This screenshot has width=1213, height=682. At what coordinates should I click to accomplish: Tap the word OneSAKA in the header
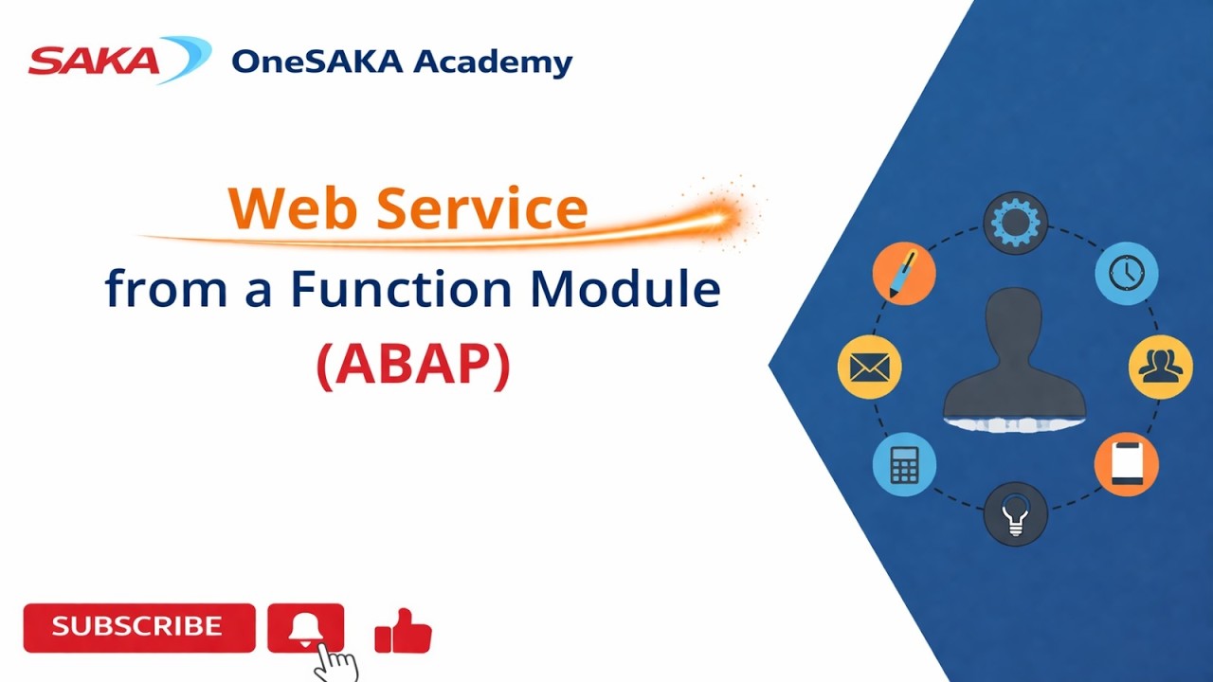click(x=317, y=62)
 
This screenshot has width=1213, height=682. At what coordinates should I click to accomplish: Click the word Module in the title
click(x=625, y=289)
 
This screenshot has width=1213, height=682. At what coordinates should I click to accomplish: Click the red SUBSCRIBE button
click(x=138, y=627)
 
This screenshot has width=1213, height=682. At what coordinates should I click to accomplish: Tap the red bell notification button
click(x=305, y=627)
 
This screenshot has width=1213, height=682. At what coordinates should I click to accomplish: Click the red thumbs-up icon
click(x=404, y=631)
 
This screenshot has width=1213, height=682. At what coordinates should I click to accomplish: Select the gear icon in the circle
click(x=1015, y=223)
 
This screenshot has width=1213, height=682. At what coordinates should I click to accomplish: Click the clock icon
click(x=1127, y=273)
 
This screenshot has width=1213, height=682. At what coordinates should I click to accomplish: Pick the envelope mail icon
click(x=869, y=367)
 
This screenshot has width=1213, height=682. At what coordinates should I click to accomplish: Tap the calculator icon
click(x=904, y=464)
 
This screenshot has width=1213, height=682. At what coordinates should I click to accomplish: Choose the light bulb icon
click(x=1015, y=514)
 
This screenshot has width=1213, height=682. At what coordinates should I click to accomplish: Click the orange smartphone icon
click(x=1126, y=464)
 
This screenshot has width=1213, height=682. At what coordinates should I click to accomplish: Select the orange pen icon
click(x=903, y=273)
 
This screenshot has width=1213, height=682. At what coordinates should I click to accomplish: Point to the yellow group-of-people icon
click(x=1160, y=367)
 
